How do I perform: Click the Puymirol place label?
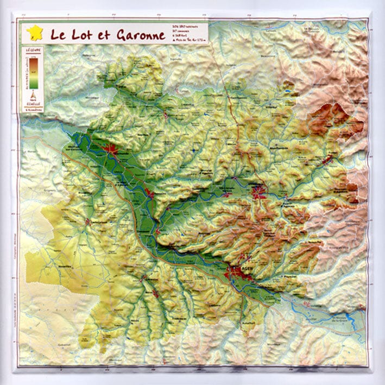click(x=288, y=276)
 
